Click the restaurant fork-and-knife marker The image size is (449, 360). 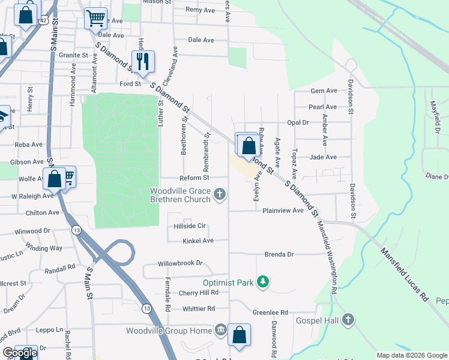tap(143, 61)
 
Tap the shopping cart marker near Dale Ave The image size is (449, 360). tap(95, 19)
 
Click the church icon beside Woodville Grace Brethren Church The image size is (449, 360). tap(220, 194)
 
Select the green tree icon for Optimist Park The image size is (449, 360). tap(262, 281)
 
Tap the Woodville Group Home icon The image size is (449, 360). tap(220, 331)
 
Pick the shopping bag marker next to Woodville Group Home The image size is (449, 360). tap(239, 336)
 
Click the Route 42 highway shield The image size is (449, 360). tap(44, 20)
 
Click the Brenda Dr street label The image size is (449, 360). tap(279, 254)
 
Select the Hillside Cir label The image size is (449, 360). tap(190, 226)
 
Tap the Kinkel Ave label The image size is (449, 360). tap(199, 241)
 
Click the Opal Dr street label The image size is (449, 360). tap(297, 122)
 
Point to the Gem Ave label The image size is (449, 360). tap(324, 91)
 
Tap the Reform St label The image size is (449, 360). tap(194, 178)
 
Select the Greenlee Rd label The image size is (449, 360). tap(270, 313)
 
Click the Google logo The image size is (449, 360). tap(20, 353)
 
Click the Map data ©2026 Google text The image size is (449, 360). tap(412, 355)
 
